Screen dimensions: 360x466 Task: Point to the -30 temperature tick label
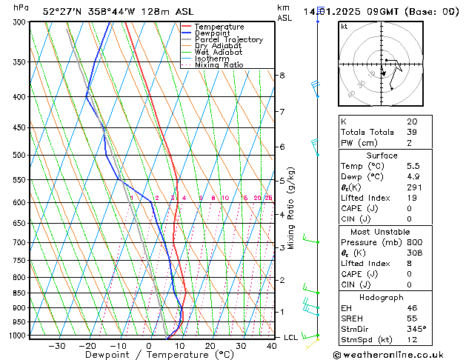point(56,345)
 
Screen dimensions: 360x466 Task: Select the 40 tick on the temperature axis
point(273,345)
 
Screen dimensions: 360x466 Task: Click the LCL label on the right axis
point(292,337)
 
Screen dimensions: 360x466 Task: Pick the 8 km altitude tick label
point(282,76)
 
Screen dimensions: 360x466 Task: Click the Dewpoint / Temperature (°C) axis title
point(150,355)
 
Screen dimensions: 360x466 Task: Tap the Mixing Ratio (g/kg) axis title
point(292,208)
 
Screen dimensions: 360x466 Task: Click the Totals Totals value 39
point(411,132)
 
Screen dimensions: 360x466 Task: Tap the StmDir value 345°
point(416,329)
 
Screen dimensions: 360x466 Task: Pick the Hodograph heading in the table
point(382,297)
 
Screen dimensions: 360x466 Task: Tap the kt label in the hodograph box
point(344,27)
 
